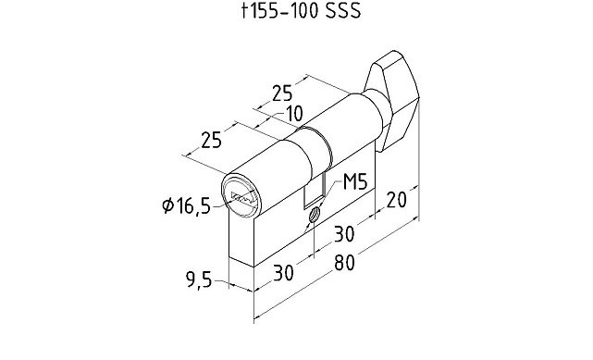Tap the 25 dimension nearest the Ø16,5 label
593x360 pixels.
tap(211, 142)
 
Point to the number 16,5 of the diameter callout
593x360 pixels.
tap(192, 205)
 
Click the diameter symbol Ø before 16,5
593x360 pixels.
tap(168, 205)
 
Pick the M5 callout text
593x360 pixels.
tap(356, 183)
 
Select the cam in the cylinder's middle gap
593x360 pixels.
tap(315, 190)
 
